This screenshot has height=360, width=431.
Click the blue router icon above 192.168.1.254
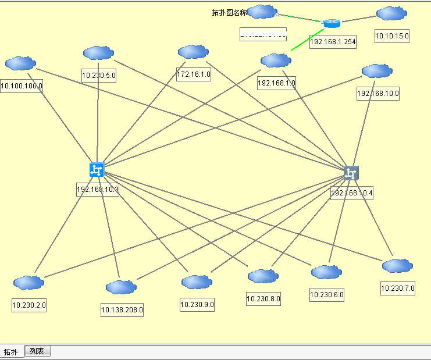[x=332, y=23]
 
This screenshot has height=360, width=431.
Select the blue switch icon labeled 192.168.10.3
[x=97, y=169]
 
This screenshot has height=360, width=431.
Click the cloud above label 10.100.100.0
[x=20, y=63]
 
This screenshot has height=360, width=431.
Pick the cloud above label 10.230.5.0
[x=98, y=53]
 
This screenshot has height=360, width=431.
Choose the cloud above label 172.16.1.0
[x=193, y=52]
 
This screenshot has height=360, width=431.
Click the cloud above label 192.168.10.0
[x=377, y=71]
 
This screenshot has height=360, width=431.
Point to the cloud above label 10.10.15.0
[x=391, y=14]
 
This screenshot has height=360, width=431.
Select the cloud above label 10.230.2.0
[x=29, y=283]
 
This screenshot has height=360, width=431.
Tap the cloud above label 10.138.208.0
[x=121, y=287]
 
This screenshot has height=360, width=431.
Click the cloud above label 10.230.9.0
[x=197, y=282]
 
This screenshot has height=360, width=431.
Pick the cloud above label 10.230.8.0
[x=263, y=276]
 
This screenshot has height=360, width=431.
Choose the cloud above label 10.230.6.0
[x=326, y=272]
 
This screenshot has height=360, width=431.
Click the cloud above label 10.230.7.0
[x=397, y=266]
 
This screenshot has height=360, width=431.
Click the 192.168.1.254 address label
[x=333, y=41]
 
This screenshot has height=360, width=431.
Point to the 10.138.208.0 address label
[x=122, y=310]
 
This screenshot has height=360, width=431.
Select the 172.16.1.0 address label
[x=194, y=74]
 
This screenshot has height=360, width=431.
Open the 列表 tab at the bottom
[x=37, y=351]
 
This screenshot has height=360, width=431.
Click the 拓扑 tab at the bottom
[x=11, y=352]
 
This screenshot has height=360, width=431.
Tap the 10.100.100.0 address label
[x=22, y=86]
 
